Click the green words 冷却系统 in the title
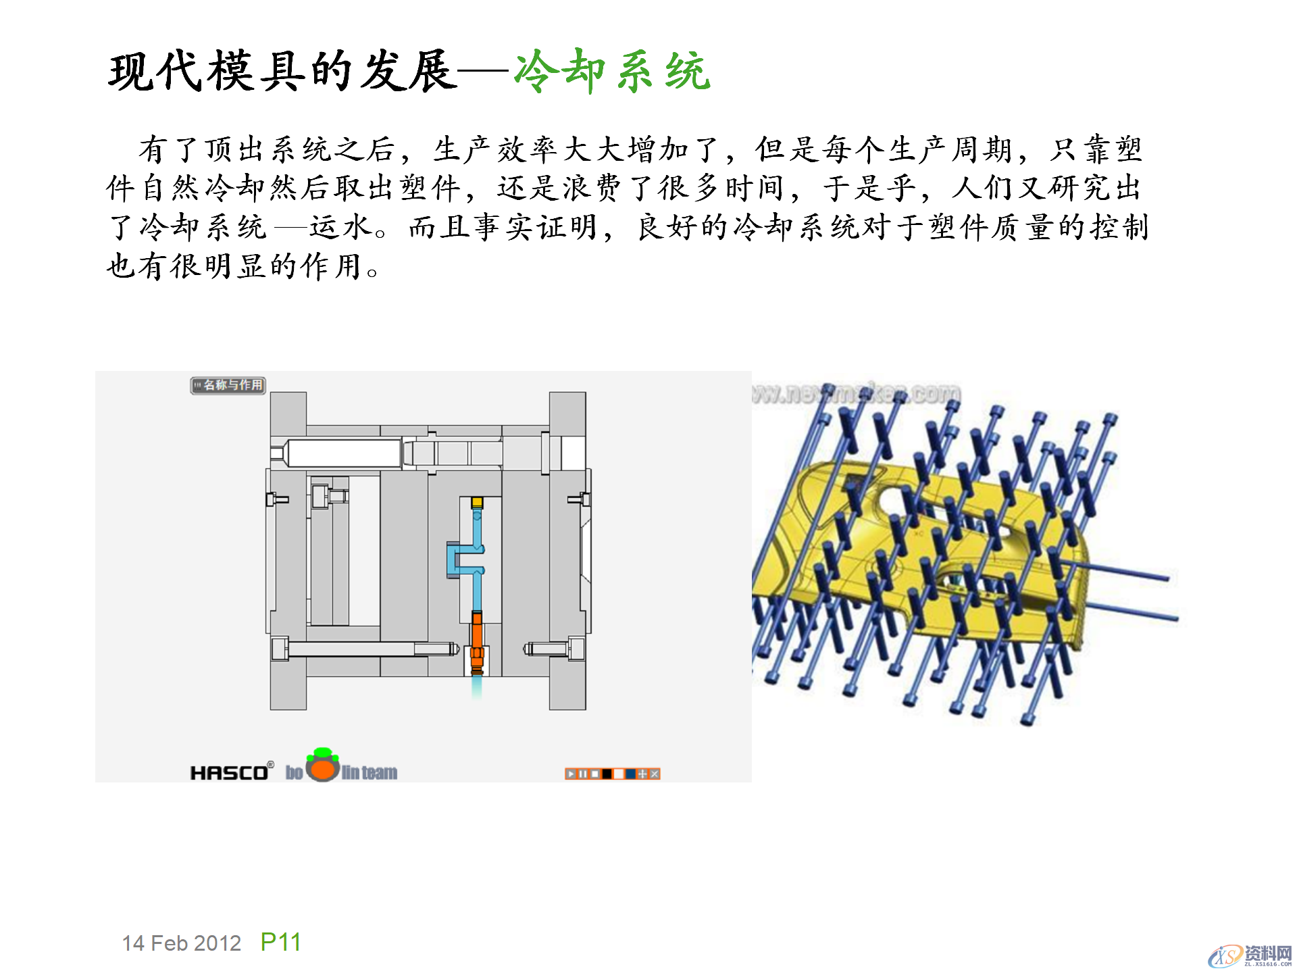coord(611,71)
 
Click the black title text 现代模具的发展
coord(282,71)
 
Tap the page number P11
coord(280,942)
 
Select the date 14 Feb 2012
coord(181,943)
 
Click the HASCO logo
coord(230,772)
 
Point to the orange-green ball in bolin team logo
coord(323,766)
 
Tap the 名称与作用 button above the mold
coord(228,385)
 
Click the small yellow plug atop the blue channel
coord(477,502)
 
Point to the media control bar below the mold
coord(612,774)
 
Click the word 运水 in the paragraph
coord(341,228)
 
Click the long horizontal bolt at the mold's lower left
coord(365,649)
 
